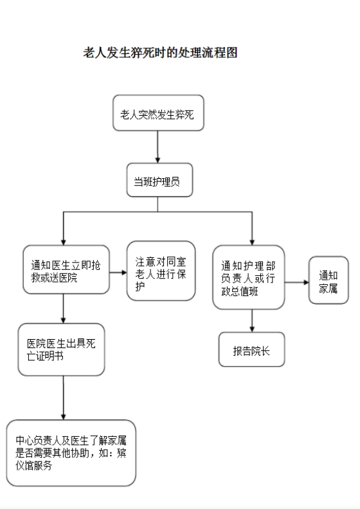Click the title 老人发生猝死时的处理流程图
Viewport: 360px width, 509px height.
(x=160, y=53)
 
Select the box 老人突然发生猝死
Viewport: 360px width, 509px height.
(x=158, y=113)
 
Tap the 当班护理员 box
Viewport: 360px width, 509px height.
(x=159, y=180)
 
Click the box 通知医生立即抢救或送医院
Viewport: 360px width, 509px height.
(x=66, y=270)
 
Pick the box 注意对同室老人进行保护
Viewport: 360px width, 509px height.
(x=161, y=271)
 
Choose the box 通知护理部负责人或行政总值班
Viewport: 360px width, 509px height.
(x=248, y=277)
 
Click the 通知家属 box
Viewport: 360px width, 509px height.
(x=328, y=280)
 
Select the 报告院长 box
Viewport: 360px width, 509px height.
(x=251, y=349)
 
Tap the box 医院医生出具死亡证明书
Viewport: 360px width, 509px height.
(x=61, y=349)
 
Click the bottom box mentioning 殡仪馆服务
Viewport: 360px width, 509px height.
(x=71, y=453)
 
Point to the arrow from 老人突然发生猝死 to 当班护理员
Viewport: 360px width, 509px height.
(x=157, y=147)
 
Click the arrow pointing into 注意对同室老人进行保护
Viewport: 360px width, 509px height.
(x=118, y=272)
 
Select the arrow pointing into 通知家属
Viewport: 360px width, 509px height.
(x=297, y=282)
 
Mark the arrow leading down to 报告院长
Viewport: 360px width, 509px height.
(x=252, y=320)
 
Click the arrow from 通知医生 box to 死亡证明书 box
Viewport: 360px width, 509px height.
(x=63, y=309)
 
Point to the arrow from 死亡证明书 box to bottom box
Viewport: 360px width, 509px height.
(x=63, y=398)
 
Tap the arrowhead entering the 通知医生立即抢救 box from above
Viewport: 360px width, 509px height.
(x=63, y=243)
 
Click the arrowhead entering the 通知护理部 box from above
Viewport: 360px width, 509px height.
(x=252, y=243)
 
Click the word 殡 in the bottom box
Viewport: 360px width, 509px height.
(x=122, y=453)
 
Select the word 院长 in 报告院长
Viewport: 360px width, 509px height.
(x=260, y=351)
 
